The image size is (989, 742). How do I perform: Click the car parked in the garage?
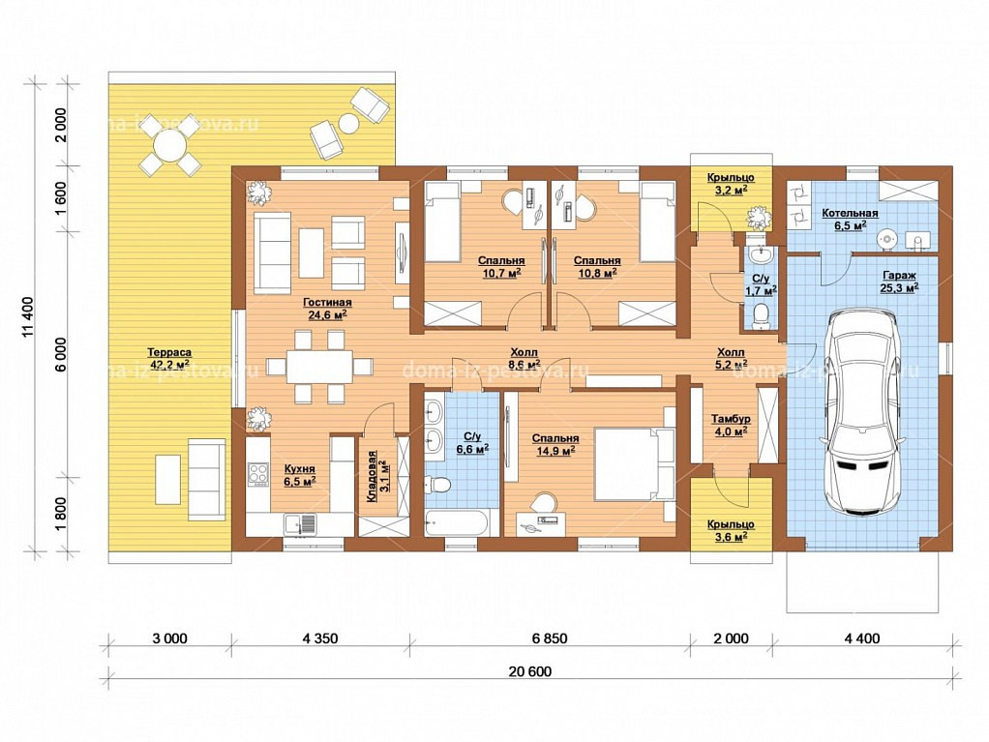click(x=864, y=410)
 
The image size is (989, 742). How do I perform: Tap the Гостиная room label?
click(x=327, y=303)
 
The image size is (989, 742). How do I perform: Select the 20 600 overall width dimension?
click(x=530, y=672)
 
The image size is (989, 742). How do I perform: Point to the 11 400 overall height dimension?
click(x=29, y=317)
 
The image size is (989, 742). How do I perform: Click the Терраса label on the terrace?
click(x=169, y=352)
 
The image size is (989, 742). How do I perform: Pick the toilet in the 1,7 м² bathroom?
click(x=762, y=315)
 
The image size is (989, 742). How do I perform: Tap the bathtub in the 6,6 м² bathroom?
click(x=457, y=523)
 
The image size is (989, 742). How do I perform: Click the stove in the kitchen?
click(x=258, y=474)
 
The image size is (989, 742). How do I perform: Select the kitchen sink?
click(x=300, y=524)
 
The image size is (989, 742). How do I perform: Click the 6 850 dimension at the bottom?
click(x=550, y=638)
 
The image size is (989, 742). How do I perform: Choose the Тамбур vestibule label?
click(x=731, y=419)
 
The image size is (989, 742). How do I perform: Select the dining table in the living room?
click(x=319, y=367)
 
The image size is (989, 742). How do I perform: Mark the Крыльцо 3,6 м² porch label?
click(x=731, y=530)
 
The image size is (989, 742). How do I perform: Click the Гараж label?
click(x=899, y=276)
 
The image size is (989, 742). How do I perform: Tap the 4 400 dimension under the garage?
click(x=861, y=638)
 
